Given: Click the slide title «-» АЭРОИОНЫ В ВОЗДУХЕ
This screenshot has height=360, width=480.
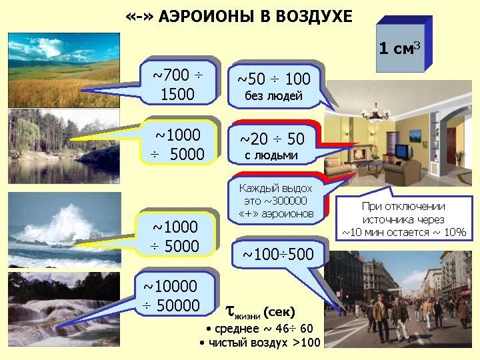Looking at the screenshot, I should (238, 17).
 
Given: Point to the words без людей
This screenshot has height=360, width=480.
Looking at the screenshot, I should (273, 96).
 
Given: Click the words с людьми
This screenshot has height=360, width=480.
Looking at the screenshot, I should (271, 156).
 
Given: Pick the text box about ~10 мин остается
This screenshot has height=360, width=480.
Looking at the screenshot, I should (403, 219).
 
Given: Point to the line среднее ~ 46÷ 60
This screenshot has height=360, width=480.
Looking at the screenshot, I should (259, 329).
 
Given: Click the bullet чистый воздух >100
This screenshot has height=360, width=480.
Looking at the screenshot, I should (259, 343).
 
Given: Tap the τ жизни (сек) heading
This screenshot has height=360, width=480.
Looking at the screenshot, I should (260, 311).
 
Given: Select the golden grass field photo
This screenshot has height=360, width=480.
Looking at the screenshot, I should (63, 70).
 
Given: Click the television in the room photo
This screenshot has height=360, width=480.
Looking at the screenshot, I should (402, 152).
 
